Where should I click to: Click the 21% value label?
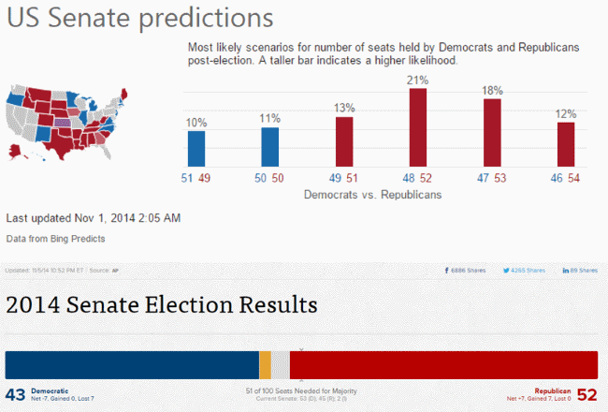[x=418, y=81]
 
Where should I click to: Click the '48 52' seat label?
[x=418, y=178]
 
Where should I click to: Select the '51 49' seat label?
[x=196, y=178]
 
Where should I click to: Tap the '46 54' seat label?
[x=566, y=178]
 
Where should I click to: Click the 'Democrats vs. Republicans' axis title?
[x=372, y=195]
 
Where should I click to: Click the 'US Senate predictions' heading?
[x=140, y=19]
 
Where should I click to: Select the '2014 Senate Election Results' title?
[x=162, y=304]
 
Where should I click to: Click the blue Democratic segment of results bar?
[x=132, y=364]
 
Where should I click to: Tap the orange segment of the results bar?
[x=265, y=364]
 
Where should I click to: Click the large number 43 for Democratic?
[x=16, y=394]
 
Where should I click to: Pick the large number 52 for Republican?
[x=586, y=394]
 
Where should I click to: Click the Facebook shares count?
[x=468, y=271]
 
